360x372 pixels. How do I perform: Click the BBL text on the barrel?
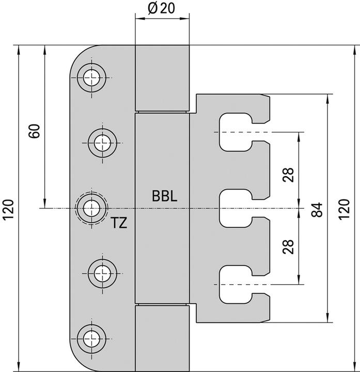[x=165, y=196]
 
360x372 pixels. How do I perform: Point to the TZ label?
[x=119, y=224]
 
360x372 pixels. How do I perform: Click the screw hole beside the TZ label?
[x=92, y=208]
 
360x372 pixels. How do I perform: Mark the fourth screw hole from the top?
[x=102, y=270]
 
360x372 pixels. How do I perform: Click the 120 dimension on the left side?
[x=8, y=209]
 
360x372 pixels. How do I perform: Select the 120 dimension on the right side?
[x=343, y=209]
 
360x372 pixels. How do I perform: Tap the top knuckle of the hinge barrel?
[x=162, y=78]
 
